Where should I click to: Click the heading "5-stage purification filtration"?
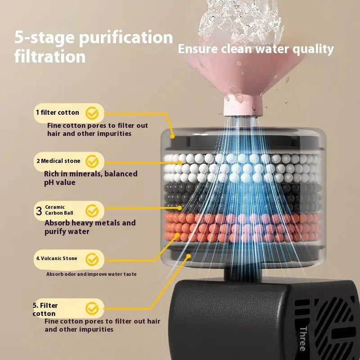click(x=94, y=47)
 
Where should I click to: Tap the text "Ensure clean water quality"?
click(x=256, y=49)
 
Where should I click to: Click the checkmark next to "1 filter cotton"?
click(x=92, y=113)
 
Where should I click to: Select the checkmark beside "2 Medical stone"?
click(x=92, y=161)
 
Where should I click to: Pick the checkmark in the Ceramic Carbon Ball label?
click(x=92, y=211)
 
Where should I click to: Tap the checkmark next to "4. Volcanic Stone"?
click(x=92, y=260)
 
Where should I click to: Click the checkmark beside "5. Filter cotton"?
click(x=92, y=308)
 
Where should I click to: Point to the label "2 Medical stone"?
click(x=58, y=161)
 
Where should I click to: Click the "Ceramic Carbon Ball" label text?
click(x=59, y=210)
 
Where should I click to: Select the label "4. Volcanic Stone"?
click(x=57, y=258)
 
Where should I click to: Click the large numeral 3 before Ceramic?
click(x=39, y=211)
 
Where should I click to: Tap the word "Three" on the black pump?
click(x=303, y=339)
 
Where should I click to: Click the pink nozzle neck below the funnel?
click(x=243, y=106)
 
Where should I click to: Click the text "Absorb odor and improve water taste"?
click(x=91, y=274)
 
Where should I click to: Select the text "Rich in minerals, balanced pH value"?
click(x=91, y=178)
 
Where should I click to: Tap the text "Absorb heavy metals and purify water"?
click(x=90, y=227)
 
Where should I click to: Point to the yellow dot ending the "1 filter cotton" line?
click(x=172, y=136)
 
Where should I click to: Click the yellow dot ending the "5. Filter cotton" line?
click(x=189, y=256)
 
